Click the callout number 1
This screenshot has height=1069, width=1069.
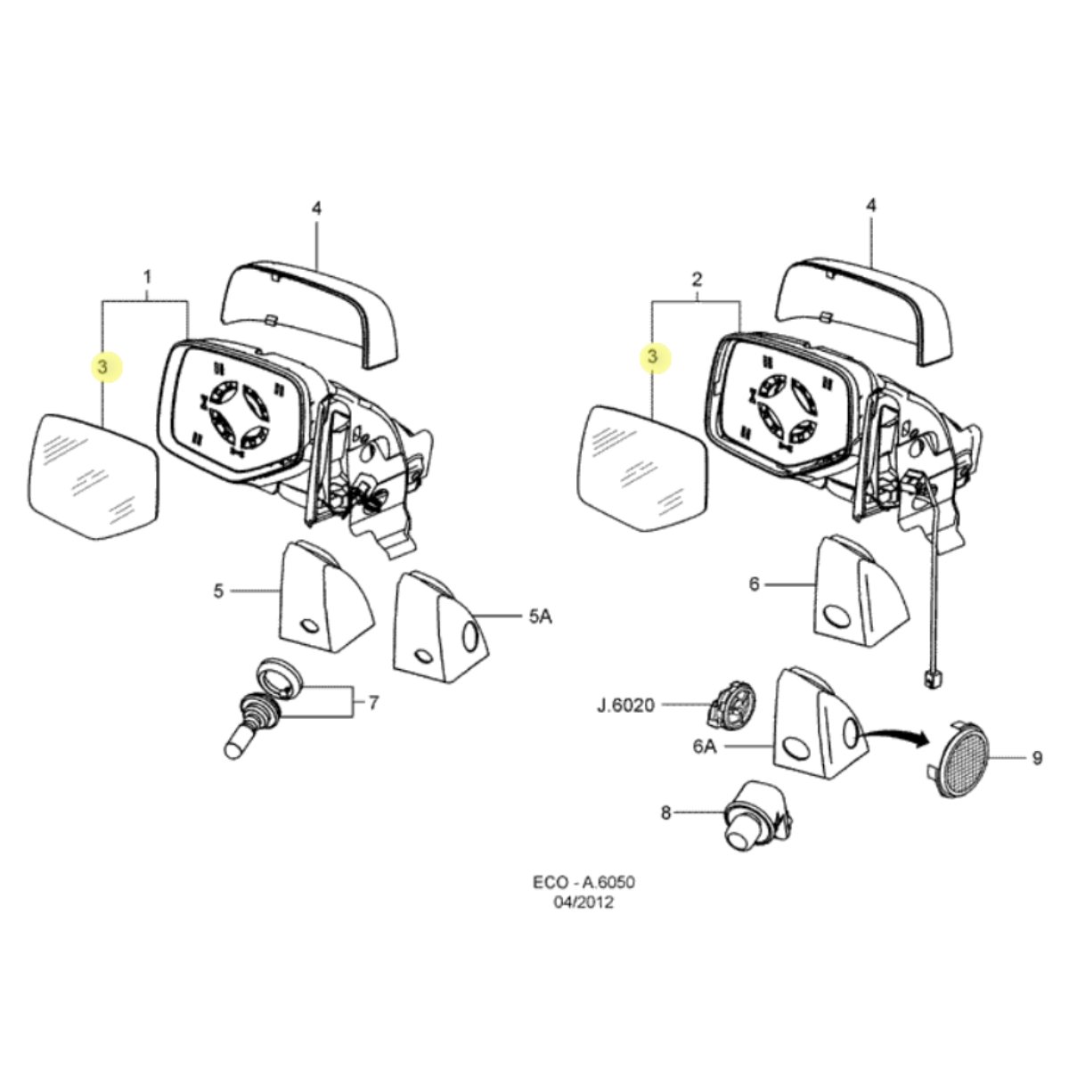147,276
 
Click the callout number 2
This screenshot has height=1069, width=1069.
697,279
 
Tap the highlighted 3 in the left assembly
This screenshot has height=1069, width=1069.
102,367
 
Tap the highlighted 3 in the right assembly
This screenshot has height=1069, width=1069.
652,356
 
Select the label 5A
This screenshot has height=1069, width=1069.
540,616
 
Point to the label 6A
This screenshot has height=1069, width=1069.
705,747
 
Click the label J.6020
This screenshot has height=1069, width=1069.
625,706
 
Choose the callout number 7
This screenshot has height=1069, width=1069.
373,703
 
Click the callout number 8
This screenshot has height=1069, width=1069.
665,813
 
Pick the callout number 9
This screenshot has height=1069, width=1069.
1037,758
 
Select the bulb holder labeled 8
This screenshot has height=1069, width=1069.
758,817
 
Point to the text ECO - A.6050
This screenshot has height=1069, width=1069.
584,882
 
